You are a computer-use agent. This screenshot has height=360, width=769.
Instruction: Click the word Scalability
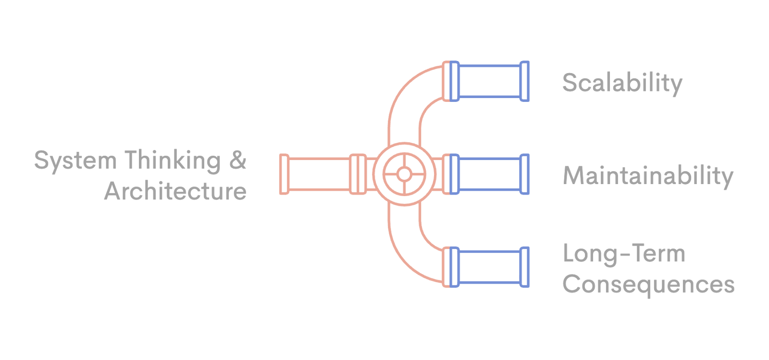[x=622, y=83]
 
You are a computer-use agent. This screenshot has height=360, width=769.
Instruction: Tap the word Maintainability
[x=648, y=176]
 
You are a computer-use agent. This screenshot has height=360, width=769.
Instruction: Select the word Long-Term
[x=624, y=254]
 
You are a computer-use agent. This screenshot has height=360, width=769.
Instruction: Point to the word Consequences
[x=648, y=284]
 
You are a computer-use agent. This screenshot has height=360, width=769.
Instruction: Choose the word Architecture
[x=175, y=191]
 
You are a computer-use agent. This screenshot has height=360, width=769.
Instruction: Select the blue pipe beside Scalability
[x=490, y=81]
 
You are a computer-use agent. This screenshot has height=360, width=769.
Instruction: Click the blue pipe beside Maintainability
[x=490, y=174]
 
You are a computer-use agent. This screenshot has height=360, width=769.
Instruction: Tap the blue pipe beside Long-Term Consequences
[x=490, y=267]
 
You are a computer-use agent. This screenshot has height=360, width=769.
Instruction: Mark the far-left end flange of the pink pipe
[x=284, y=174]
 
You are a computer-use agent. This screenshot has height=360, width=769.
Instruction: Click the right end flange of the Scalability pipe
[x=525, y=81]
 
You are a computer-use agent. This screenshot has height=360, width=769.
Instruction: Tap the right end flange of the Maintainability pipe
[x=525, y=174]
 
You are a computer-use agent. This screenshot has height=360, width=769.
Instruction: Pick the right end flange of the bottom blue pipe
[x=525, y=267]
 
